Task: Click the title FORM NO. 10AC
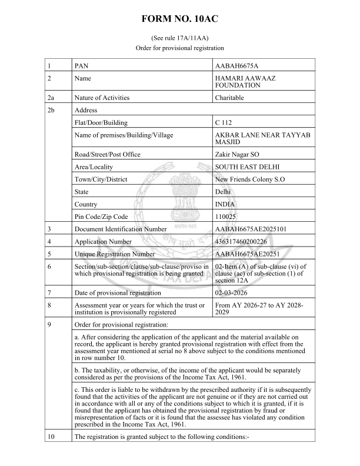[x=180, y=19]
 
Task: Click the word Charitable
[x=230, y=98]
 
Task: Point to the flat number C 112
[x=225, y=123]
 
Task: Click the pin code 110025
[x=227, y=217]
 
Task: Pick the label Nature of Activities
[x=102, y=98]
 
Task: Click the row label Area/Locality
[x=96, y=167]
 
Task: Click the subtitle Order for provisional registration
[x=180, y=48]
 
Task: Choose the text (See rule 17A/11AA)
[x=180, y=37]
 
